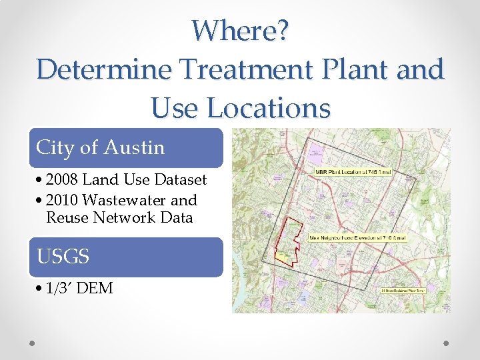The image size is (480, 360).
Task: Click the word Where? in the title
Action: (240, 30)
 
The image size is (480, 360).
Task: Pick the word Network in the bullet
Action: (121, 217)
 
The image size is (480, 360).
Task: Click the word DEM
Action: (95, 288)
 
